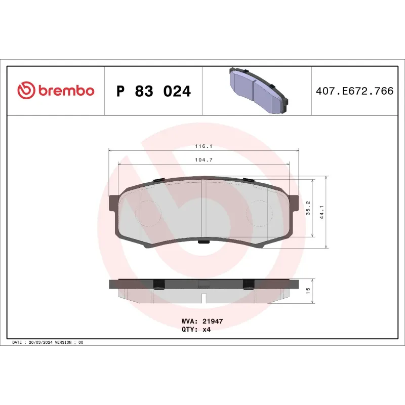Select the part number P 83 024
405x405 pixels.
point(153,92)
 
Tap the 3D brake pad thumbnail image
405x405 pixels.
point(257,90)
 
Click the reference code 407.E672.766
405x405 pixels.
point(354,92)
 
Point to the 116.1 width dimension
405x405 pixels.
point(204,146)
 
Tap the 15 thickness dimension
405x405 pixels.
point(308,291)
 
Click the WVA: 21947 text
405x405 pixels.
point(202,321)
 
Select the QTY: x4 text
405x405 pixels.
point(195,329)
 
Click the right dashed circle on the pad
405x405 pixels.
point(256,210)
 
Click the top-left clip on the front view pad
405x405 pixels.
point(157,181)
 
